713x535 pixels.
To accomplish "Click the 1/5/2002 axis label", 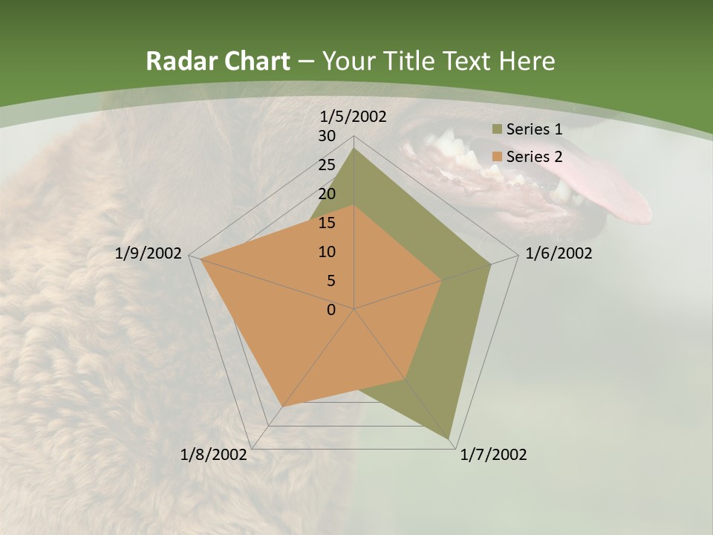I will pos(353,117).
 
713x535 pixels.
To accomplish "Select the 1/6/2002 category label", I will pos(559,253).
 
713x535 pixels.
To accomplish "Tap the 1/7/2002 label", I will pos(493,455).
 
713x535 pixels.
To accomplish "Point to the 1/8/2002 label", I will pos(214,455).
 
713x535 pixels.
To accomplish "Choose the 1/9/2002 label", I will pos(149,253).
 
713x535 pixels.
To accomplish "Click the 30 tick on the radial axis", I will pos(327,136).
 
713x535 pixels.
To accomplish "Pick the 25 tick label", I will pos(327,165).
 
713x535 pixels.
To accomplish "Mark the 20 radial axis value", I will pos(327,194).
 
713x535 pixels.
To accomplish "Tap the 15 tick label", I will pos(327,223).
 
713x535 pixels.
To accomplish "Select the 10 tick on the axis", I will pos(327,252).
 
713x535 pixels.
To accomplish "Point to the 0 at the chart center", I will pos(331,310).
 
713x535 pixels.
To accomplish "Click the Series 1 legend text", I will pos(534,129).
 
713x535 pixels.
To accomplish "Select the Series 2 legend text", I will pos(534,157).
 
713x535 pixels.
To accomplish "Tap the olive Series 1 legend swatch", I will pos(496,130).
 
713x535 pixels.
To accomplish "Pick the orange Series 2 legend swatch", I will pos(496,157).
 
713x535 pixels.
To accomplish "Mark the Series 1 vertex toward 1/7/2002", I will pos(451,438).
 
